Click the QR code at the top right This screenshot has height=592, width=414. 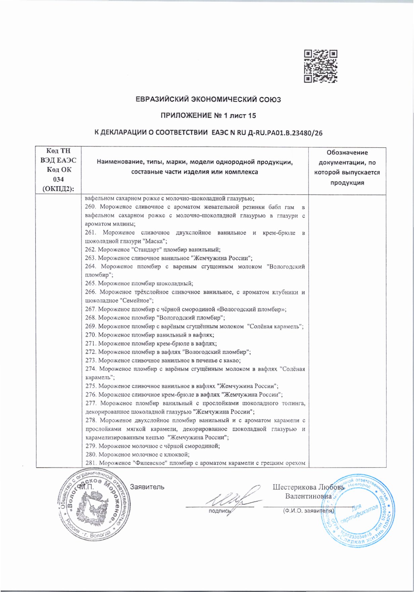(321, 66)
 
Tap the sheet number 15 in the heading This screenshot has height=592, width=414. (252, 116)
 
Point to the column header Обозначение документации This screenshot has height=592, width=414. (347, 167)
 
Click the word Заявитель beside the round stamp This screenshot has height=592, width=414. (147, 487)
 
